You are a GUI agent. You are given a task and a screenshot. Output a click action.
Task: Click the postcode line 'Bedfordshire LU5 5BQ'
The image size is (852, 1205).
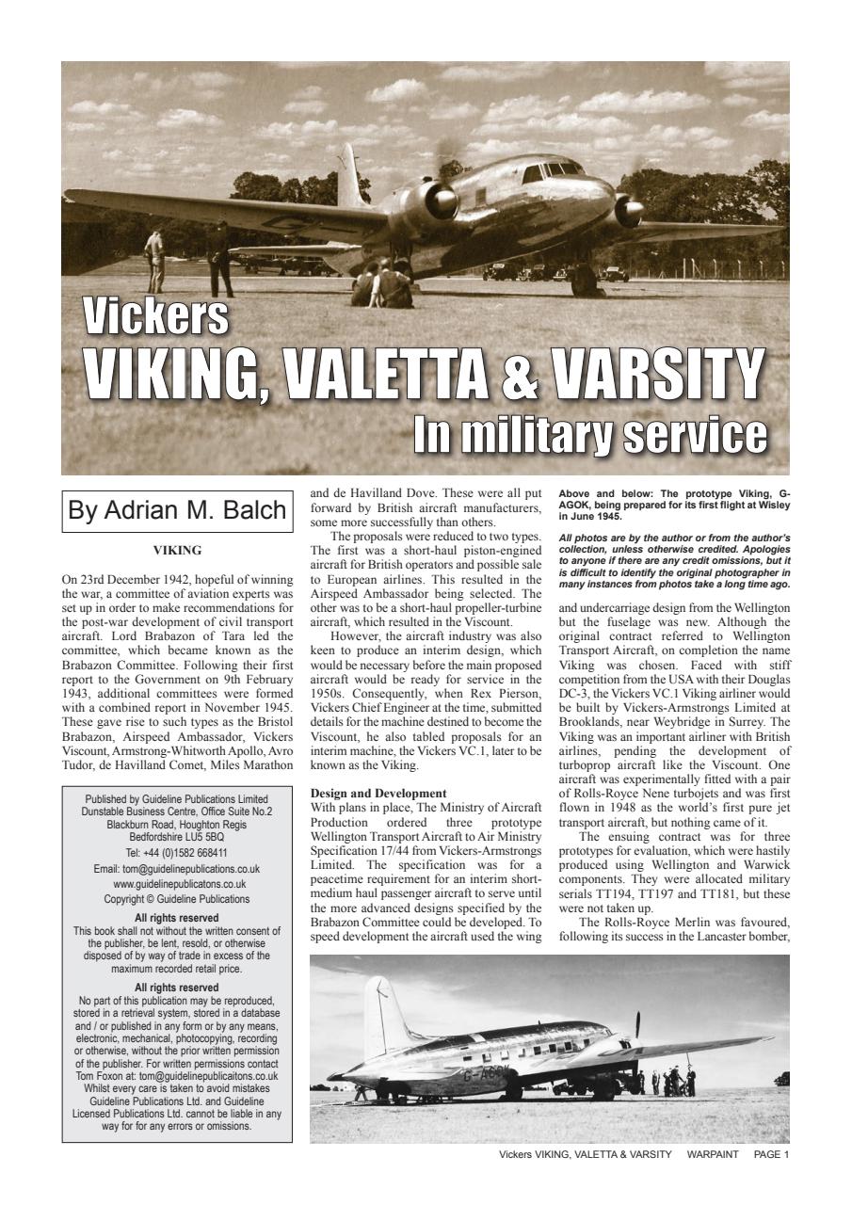pyautogui.click(x=177, y=835)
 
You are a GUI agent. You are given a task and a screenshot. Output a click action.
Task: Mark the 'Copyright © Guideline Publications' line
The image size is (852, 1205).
pyautogui.click(x=177, y=899)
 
